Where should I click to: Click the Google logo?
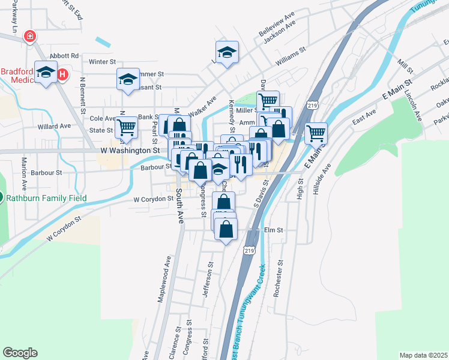click(20, 353)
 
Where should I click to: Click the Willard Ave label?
click(54, 127)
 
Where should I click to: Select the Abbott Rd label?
click(67, 55)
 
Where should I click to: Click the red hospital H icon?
click(62, 75)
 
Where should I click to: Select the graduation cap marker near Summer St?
click(127, 79)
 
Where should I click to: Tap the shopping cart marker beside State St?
click(127, 127)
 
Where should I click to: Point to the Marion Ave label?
click(25, 171)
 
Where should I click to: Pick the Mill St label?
click(406, 63)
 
